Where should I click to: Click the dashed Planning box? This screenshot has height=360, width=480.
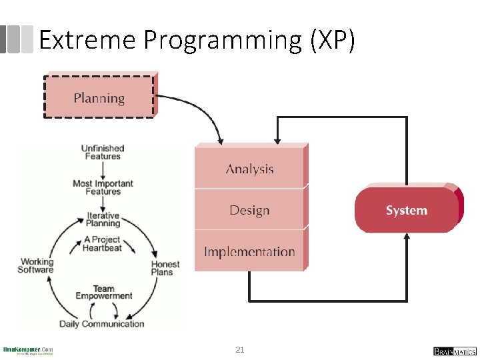[99, 97]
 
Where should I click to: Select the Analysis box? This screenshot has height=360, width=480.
[250, 169]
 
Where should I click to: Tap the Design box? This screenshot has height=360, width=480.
[250, 210]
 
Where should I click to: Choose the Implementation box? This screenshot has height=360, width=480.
[250, 251]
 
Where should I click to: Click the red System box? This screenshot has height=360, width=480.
[406, 210]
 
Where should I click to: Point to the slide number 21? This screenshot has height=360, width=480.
[240, 349]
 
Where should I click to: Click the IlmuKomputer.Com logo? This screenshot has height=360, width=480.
[28, 351]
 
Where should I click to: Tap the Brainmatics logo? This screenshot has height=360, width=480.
[454, 351]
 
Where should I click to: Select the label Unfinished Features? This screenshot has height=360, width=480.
[103, 152]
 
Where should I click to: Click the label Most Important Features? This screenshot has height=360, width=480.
[103, 187]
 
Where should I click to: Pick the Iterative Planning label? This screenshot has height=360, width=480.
[103, 219]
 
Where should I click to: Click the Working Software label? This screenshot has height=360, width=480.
[35, 265]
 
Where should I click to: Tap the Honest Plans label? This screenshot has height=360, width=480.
[165, 268]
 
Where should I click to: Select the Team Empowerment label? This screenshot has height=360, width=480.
[103, 292]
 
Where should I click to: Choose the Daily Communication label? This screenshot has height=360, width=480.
[101, 324]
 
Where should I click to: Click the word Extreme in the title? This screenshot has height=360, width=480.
[87, 41]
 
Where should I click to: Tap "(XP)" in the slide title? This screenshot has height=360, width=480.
[332, 41]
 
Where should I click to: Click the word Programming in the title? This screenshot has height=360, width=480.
[223, 41]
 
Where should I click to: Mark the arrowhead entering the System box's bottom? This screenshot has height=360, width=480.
[407, 237]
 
